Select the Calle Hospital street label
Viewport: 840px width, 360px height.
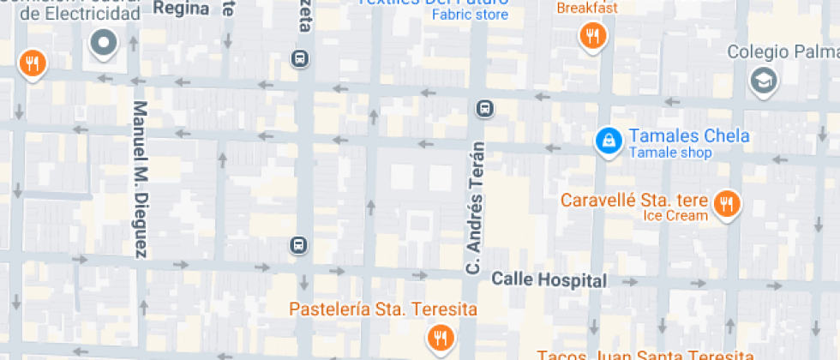click(x=549, y=280)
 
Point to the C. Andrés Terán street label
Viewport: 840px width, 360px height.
click(x=475, y=208)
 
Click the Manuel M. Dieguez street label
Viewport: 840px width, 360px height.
click(x=141, y=180)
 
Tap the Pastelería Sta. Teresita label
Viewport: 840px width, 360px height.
click(x=382, y=309)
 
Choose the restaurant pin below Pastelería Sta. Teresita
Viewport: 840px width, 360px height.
click(x=441, y=337)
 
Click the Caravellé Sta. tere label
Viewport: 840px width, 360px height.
click(x=634, y=201)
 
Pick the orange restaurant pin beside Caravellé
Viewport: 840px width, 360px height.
click(x=727, y=203)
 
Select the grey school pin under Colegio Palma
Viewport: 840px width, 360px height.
click(x=760, y=81)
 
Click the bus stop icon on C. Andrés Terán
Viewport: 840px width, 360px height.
click(x=484, y=108)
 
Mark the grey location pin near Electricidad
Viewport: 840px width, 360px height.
click(x=104, y=43)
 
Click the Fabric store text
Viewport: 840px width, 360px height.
click(x=470, y=15)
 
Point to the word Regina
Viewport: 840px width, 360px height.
click(x=182, y=9)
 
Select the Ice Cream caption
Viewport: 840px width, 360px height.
click(x=675, y=216)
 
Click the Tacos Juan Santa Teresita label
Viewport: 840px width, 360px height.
click(x=645, y=354)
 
